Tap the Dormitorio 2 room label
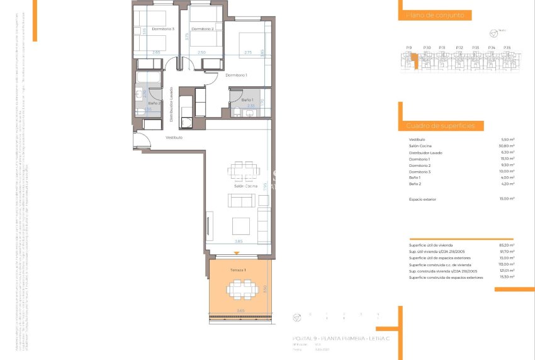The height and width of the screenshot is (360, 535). click(x=203, y=29)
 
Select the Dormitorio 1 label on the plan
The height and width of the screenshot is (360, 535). click(x=237, y=75)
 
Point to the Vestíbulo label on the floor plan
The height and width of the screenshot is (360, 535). click(x=174, y=137)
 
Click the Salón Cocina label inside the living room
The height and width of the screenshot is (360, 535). click(x=245, y=186)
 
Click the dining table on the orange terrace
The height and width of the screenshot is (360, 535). click(x=242, y=290)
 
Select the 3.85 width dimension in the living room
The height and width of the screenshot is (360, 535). click(x=239, y=241)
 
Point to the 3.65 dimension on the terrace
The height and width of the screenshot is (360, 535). click(x=240, y=310)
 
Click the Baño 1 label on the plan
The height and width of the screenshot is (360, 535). click(x=247, y=100)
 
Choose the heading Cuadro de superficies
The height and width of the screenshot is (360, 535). click(x=436, y=126)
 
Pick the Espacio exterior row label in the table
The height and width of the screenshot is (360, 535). click(x=422, y=198)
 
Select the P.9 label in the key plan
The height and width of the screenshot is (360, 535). click(x=408, y=48)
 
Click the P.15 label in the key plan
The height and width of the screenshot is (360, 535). click(x=507, y=48)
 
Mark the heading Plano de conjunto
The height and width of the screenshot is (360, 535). click(x=431, y=14)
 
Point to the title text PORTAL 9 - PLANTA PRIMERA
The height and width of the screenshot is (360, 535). click(x=328, y=339)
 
